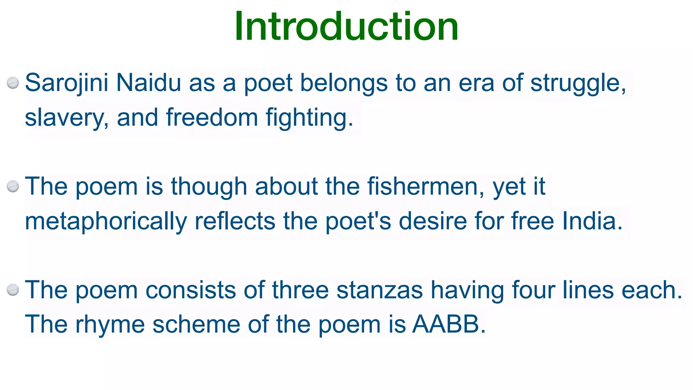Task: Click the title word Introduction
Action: point(346,26)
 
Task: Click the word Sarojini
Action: point(67,83)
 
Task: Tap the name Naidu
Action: point(149,83)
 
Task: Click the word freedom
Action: point(212,117)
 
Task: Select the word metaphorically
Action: point(106,221)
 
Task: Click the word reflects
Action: point(235,221)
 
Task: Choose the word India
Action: point(592,221)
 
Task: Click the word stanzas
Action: point(380,290)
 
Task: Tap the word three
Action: point(300,290)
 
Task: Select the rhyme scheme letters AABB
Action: point(448,324)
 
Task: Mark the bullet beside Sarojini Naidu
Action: point(13,83)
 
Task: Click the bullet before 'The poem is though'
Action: point(13,187)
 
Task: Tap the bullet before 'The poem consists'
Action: point(13,290)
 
